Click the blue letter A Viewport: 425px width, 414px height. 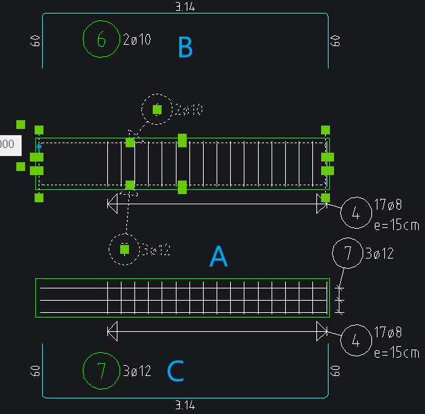[x=218, y=257]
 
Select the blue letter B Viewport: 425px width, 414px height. [x=185, y=48]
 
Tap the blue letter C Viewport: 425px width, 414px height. [x=175, y=371]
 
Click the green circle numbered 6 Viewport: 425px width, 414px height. [x=101, y=39]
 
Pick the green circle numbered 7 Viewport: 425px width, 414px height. [x=101, y=371]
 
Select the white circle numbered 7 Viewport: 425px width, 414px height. [x=348, y=254]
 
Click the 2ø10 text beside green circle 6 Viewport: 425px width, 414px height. [x=137, y=39]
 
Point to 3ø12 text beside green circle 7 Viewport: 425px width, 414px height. [x=137, y=371]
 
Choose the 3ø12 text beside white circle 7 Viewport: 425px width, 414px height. [x=380, y=254]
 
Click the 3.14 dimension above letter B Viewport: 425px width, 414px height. [x=185, y=7]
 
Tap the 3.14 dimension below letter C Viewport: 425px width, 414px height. [x=185, y=405]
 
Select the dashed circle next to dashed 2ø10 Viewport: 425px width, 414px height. [x=157, y=109]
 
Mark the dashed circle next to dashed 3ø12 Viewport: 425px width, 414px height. [x=125, y=249]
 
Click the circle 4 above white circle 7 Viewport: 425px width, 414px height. [x=356, y=213]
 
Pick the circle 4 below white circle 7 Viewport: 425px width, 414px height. [x=356, y=341]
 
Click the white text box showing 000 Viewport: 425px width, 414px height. [x=8, y=144]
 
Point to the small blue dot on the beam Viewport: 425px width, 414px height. [x=39, y=147]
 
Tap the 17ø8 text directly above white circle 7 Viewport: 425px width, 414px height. [x=388, y=204]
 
